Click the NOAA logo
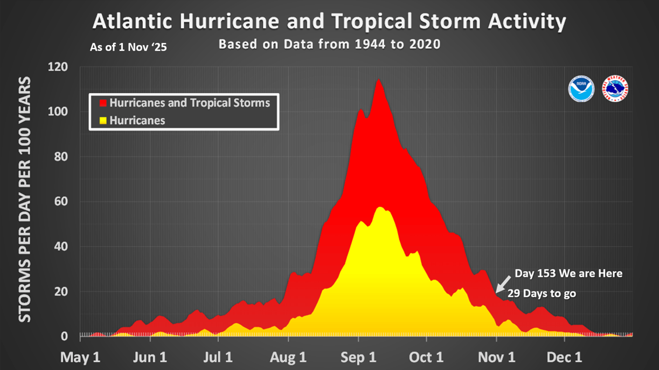pos(581,89)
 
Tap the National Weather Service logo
pos(615,89)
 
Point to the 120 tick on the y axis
pos(58,67)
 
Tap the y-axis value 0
pos(64,337)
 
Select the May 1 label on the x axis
pos(80,357)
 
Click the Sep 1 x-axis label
pos(359,357)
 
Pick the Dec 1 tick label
pos(565,357)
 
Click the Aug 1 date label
pos(289,357)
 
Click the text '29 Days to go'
pos(542,293)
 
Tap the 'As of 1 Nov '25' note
pos(128,47)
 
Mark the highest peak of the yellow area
pos(380,207)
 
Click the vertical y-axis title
pos(25,200)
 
